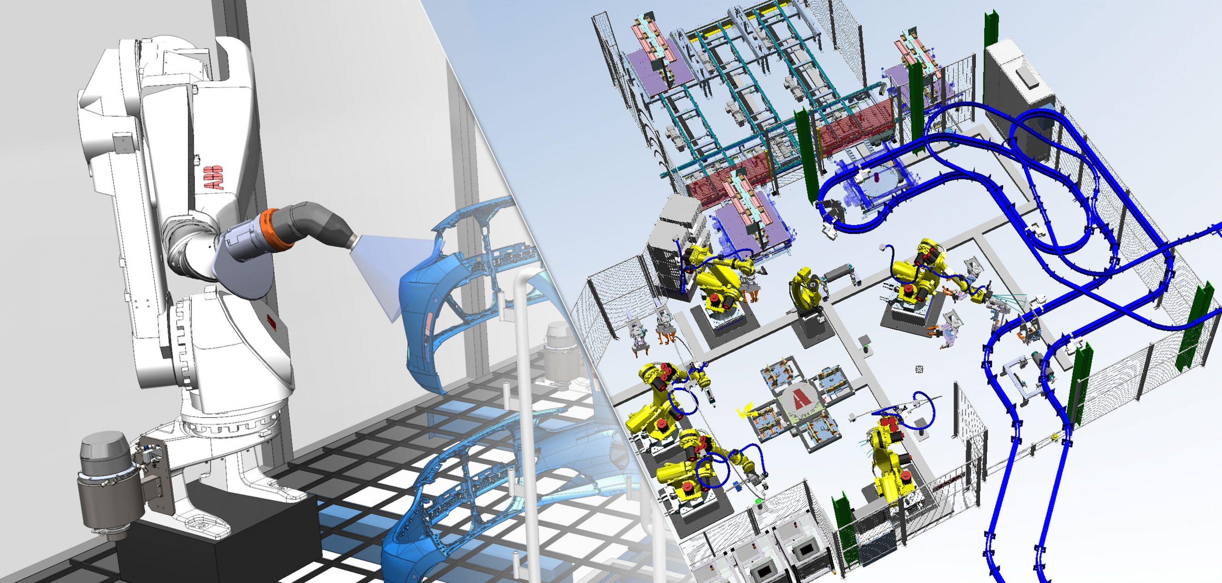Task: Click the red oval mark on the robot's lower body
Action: pyautogui.click(x=272, y=321)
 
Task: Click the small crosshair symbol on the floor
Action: pyautogui.click(x=919, y=369)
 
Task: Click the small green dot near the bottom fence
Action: pyautogui.click(x=758, y=500)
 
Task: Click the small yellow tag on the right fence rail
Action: pyautogui.click(x=1054, y=436)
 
